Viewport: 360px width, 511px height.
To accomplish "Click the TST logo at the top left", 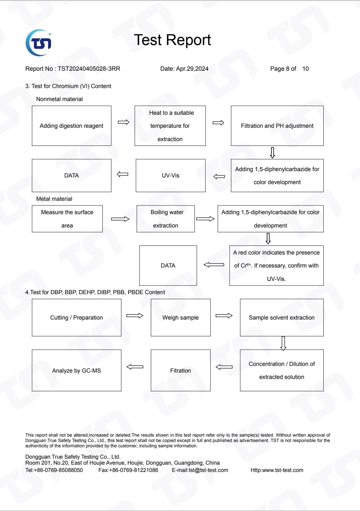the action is (38, 43).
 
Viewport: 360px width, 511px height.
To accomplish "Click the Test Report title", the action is (172, 40).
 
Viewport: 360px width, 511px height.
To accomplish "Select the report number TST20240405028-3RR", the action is (89, 69).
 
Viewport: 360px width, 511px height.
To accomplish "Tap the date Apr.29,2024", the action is (192, 69).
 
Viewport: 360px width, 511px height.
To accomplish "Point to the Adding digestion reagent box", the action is (72, 126).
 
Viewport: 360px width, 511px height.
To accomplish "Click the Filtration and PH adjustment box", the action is (277, 126).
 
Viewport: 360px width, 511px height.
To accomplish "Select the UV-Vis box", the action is (171, 175).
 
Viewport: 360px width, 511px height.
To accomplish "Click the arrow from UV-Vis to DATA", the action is (122, 174).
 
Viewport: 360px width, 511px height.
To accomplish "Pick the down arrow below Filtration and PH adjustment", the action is (272, 153).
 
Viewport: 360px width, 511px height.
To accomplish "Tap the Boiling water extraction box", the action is (166, 219).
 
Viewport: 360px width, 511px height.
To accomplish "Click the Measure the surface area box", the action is (67, 219).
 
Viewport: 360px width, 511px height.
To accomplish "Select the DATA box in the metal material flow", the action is (168, 266).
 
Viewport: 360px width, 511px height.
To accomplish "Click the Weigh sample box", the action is (181, 318).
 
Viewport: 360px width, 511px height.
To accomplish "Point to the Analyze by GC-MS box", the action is (77, 371).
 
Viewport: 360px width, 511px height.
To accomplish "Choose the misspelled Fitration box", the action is (181, 371).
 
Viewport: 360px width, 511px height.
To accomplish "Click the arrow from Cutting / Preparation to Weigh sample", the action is (135, 316).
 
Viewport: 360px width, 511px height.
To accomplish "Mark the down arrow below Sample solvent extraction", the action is (283, 343).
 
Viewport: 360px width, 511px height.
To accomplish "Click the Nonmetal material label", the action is (60, 99).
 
